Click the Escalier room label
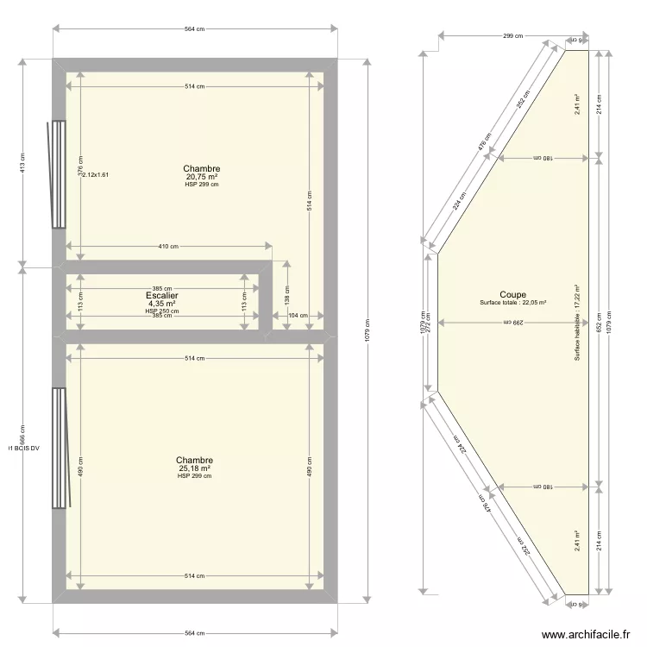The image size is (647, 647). pyautogui.click(x=162, y=295)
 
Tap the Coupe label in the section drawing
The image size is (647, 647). pyautogui.click(x=512, y=294)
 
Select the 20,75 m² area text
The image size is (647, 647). pyautogui.click(x=202, y=177)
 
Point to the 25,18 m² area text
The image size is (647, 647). pyautogui.click(x=194, y=468)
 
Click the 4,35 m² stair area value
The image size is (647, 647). pyautogui.click(x=162, y=304)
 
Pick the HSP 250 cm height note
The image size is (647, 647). pyautogui.click(x=162, y=311)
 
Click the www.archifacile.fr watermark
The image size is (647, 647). pyautogui.click(x=586, y=635)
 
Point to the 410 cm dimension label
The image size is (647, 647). pyautogui.click(x=167, y=247)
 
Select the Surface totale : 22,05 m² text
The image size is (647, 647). pyautogui.click(x=513, y=303)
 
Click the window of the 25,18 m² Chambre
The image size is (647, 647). pyautogui.click(x=60, y=449)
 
